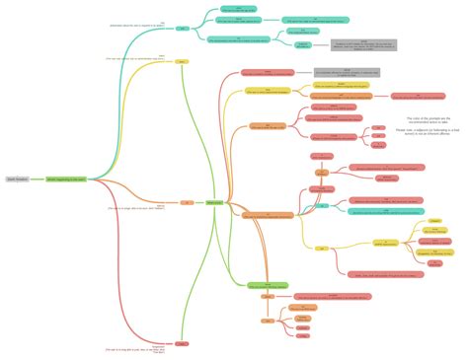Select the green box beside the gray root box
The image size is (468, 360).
click(x=67, y=180)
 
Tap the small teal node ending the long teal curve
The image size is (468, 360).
click(x=183, y=29)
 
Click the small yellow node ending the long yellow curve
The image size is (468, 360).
click(x=183, y=61)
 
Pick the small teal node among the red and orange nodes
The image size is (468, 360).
click(x=323, y=205)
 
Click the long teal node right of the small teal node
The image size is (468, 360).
click(x=385, y=200)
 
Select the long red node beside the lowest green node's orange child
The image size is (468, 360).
click(x=336, y=296)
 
